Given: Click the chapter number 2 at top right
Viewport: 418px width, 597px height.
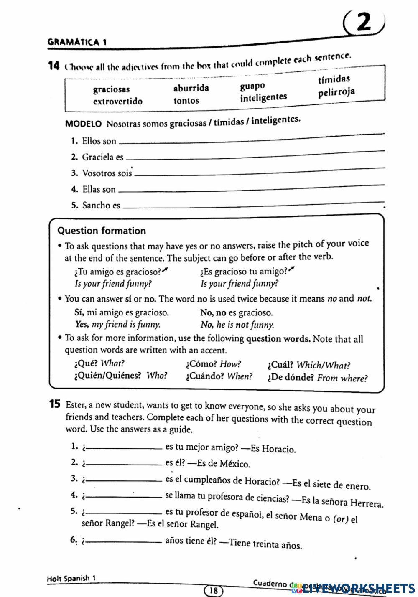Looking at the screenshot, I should [364, 23].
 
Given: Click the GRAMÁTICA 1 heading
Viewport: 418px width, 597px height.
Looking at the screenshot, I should [77, 42].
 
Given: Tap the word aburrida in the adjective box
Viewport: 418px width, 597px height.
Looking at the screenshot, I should [191, 88].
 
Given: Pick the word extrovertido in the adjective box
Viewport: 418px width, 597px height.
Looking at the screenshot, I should [117, 102].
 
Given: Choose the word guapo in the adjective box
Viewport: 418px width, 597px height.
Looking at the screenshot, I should [252, 86].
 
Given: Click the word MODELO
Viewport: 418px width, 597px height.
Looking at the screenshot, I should [84, 124].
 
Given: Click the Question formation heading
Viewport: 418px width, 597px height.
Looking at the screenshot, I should [102, 231].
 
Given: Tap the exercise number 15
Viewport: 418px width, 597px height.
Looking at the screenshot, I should [55, 404].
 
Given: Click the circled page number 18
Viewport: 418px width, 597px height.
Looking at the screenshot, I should [213, 590].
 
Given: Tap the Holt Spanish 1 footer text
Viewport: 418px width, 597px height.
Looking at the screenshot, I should [71, 579].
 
